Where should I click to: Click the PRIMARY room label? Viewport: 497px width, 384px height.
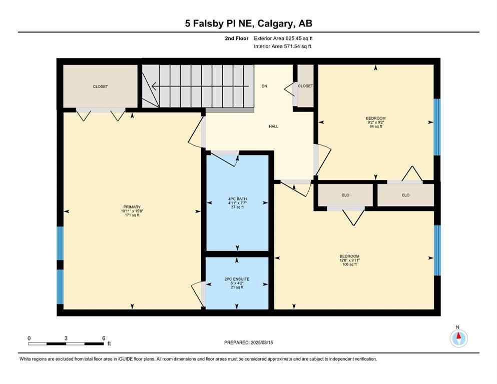[x=132, y=207]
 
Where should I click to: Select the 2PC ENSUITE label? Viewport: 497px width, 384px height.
[x=237, y=278]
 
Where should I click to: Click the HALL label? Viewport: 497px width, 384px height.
[x=273, y=126]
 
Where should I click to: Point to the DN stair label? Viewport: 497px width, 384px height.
[x=264, y=86]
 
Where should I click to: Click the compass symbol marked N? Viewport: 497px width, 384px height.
[x=458, y=338]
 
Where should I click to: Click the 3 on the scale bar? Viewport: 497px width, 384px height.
[x=66, y=338]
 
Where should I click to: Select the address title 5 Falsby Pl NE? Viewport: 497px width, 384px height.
[x=248, y=23]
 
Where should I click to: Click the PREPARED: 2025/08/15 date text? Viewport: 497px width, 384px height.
[x=248, y=342]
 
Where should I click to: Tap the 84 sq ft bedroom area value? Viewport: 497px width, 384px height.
[x=376, y=126]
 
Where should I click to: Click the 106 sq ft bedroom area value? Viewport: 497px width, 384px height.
[x=349, y=264]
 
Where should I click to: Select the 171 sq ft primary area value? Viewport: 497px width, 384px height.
[x=132, y=215]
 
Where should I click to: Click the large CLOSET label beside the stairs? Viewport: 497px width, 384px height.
[x=100, y=86]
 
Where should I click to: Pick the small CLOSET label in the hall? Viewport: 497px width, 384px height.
[x=305, y=86]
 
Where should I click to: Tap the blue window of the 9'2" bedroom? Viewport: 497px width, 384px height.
[x=437, y=126]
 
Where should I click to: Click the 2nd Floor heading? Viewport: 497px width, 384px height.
[x=237, y=38]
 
